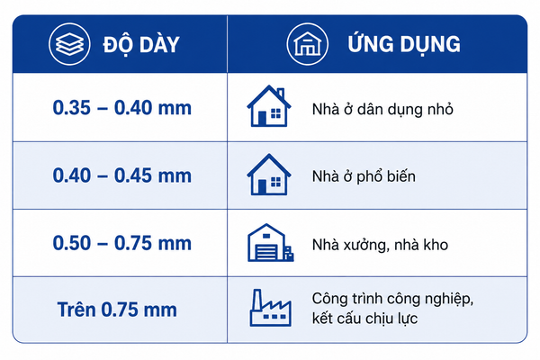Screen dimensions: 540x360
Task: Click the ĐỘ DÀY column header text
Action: tap(141, 45)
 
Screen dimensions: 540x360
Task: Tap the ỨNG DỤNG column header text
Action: tap(404, 44)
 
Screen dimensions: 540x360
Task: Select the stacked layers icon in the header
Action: tap(69, 44)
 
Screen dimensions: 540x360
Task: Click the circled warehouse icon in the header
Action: tap(308, 44)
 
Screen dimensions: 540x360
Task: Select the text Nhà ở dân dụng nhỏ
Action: tap(382, 110)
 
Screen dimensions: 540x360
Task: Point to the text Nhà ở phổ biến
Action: tap(364, 176)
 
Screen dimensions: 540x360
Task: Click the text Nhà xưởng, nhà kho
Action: tap(380, 245)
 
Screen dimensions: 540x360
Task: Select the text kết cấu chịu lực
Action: tap(364, 319)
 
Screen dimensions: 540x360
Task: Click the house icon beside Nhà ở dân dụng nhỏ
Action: tap(269, 106)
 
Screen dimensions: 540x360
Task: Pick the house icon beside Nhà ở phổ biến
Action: tap(269, 175)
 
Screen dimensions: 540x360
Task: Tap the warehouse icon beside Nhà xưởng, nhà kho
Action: tap(270, 242)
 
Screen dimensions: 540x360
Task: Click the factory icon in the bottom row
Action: tap(270, 309)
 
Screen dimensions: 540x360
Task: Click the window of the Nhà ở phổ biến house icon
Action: tap(276, 182)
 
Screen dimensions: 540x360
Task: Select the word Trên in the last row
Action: tap(76, 310)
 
